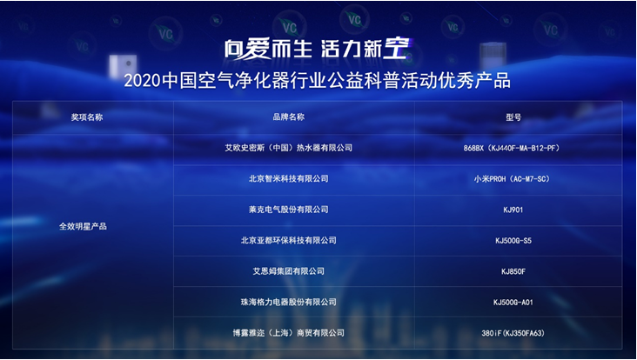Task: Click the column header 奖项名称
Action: click(87, 117)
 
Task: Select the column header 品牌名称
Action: click(288, 117)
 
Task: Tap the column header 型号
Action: click(513, 117)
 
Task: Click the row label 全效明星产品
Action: click(83, 226)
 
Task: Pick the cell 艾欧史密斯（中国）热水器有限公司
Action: click(288, 148)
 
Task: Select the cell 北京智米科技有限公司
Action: click(288, 178)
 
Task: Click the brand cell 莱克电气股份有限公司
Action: click(288, 210)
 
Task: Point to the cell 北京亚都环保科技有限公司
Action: click(288, 240)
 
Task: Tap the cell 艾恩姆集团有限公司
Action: click(288, 271)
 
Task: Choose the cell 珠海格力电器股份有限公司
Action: click(288, 302)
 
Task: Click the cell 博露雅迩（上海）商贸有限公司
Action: click(288, 333)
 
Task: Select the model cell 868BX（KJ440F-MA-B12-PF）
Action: click(513, 148)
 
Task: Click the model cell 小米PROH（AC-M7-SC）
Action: click(513, 179)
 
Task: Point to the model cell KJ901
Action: click(513, 210)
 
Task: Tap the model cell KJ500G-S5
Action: click(513, 241)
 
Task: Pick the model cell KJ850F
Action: click(513, 271)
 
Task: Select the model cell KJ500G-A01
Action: click(513, 303)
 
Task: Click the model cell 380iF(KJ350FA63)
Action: click(513, 333)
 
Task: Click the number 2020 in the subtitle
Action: click(142, 81)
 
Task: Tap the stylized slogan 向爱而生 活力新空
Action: click(318, 50)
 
